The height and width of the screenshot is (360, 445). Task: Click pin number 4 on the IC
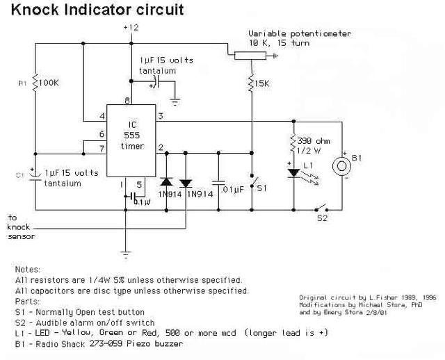pyautogui.click(x=102, y=115)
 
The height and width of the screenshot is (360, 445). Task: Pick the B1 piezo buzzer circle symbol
pyautogui.click(x=342, y=166)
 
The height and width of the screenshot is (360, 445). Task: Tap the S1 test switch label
pyautogui.click(x=261, y=188)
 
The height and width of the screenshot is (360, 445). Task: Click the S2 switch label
pyautogui.click(x=321, y=218)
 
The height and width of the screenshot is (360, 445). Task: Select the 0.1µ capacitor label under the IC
pyautogui.click(x=142, y=202)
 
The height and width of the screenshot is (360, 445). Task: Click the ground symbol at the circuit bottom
pyautogui.click(x=126, y=254)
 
